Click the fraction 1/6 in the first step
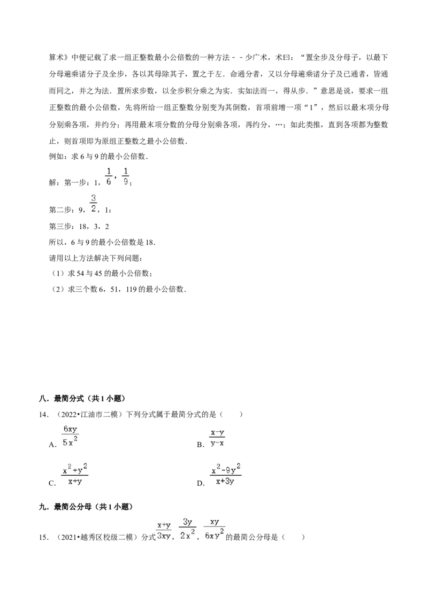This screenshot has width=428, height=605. (109, 176)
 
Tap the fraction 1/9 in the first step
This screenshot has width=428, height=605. (126, 176)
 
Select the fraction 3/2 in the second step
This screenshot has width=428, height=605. (94, 204)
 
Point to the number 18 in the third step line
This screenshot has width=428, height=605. (83, 227)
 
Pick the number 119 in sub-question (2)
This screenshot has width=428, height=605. (132, 289)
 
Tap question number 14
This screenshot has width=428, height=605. (44, 415)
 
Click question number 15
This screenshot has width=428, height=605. (44, 537)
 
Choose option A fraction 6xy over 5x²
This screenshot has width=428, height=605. (70, 436)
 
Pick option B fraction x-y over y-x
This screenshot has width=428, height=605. (217, 438)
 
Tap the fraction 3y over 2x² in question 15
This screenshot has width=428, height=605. (187, 529)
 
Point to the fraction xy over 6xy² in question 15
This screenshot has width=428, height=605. (215, 529)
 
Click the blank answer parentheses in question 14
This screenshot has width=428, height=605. (231, 415)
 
